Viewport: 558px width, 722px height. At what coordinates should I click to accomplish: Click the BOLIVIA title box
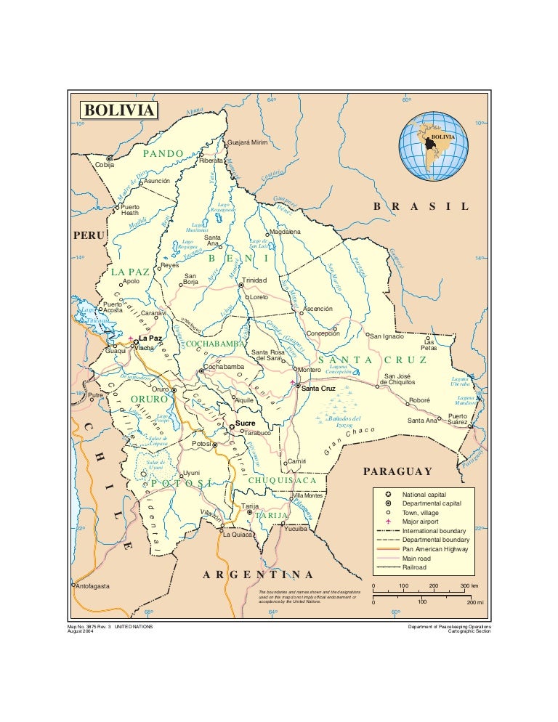point(118,110)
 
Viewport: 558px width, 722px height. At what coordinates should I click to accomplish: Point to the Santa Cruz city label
point(318,389)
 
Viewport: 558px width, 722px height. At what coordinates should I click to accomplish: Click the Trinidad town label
point(255,280)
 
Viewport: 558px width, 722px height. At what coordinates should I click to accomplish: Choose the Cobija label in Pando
point(105,165)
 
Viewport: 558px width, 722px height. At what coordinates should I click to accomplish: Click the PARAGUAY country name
point(397,471)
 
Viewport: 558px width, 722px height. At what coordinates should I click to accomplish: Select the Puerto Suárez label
point(457,419)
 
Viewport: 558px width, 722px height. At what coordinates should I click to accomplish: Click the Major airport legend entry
point(426,522)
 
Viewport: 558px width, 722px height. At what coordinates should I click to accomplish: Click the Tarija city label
point(250,506)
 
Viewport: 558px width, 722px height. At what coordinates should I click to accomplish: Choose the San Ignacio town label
point(388,336)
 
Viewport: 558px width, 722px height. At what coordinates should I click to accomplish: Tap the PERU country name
point(89,235)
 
